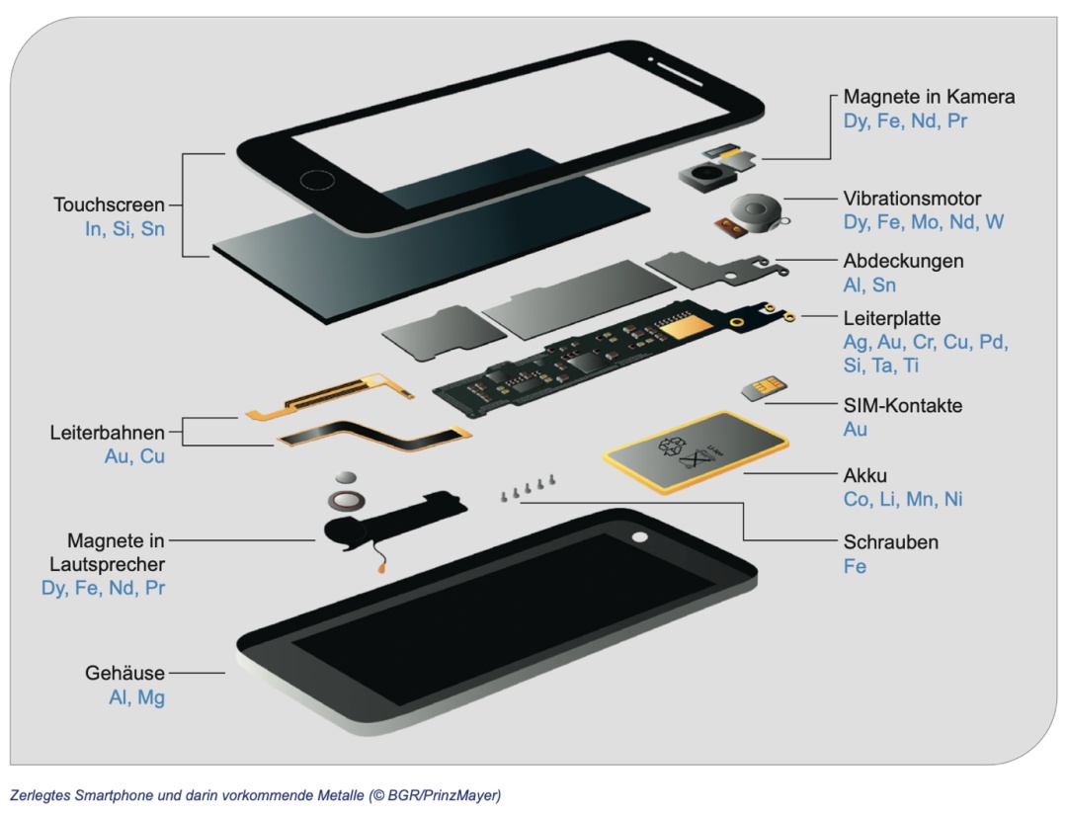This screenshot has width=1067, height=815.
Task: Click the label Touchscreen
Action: (x=109, y=205)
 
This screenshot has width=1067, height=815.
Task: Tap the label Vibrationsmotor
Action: (x=912, y=199)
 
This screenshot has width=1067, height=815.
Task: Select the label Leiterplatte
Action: (x=891, y=319)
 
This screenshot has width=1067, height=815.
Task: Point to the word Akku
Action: (x=865, y=475)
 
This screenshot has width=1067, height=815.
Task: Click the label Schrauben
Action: (x=890, y=542)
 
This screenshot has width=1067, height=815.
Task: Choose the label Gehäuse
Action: (x=124, y=674)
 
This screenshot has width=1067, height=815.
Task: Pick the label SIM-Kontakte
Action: (x=902, y=406)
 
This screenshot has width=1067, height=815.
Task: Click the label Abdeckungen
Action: (x=903, y=262)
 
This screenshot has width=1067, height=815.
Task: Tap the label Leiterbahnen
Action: (x=107, y=433)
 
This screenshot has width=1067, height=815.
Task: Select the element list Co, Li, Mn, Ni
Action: (x=903, y=499)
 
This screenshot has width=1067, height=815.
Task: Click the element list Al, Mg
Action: (x=136, y=697)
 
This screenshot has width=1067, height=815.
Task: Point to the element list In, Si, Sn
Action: (x=124, y=229)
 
